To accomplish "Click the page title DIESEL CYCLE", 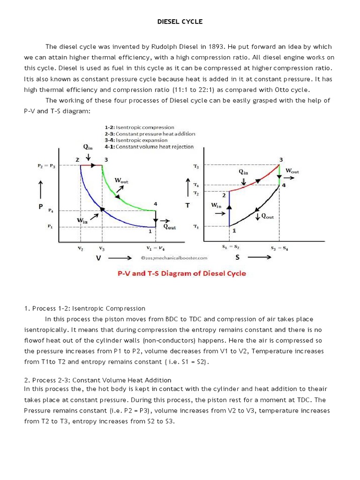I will pyautogui.click(x=180, y=22).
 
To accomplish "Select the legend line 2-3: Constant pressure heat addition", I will pyautogui.click(x=150, y=134).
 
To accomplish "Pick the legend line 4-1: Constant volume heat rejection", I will pyautogui.click(x=149, y=147).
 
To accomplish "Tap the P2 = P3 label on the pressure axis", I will pyautogui.click(x=45, y=165).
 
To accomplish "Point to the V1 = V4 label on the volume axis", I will pyautogui.click(x=156, y=247).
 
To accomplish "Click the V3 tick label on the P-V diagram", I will pyautogui.click(x=102, y=247).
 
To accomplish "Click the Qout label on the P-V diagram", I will pyautogui.click(x=169, y=226).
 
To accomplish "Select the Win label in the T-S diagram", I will pyautogui.click(x=216, y=205).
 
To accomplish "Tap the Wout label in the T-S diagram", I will pyautogui.click(x=292, y=171).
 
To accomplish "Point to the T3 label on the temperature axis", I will pyautogui.click(x=195, y=166).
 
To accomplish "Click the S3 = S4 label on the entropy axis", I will pyautogui.click(x=279, y=247).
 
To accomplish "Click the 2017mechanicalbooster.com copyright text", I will pyautogui.click(x=174, y=258).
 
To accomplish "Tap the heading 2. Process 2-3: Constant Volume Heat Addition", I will pyautogui.click(x=97, y=380).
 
